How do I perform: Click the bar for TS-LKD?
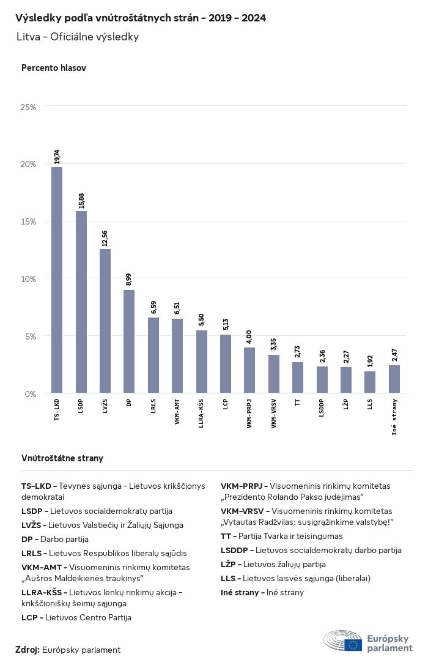coord(57,280)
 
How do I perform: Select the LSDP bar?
coord(81,302)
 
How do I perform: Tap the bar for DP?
coord(129,341)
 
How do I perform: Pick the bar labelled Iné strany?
coord(394,379)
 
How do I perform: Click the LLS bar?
coord(370,382)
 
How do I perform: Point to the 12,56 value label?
coord(105,238)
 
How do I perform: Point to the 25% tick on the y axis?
coord(29,107)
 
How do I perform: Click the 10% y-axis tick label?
coord(29,279)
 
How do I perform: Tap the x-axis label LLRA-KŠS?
coord(202,414)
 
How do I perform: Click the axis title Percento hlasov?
coord(54,68)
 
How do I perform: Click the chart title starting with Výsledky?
coord(141,18)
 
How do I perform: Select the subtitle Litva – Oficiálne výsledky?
coord(78,37)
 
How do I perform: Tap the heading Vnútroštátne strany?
coord(62,458)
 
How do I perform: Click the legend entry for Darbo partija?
coord(55,539)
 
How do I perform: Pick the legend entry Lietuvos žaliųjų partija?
coord(273,564)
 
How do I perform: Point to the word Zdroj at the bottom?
coord(27,650)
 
